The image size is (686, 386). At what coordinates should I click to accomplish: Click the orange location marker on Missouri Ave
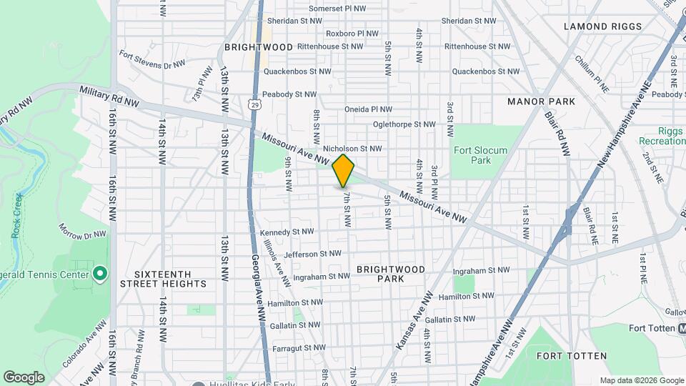coord(343,170)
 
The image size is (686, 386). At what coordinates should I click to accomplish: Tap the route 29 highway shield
coord(256,104)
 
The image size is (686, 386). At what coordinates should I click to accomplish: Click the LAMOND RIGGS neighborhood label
coord(603,26)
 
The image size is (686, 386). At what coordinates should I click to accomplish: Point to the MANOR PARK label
coord(541,102)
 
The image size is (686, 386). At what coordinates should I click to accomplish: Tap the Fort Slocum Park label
coord(479,156)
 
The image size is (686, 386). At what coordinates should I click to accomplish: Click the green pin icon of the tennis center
coord(100,274)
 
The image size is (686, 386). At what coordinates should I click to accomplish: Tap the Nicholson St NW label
coord(352,149)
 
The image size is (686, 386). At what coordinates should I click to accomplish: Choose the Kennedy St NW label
coord(287,232)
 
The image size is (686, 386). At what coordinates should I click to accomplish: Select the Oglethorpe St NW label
coord(404,124)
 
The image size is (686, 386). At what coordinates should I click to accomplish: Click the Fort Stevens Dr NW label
coord(152,60)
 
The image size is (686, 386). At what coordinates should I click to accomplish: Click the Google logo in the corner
coord(24,377)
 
